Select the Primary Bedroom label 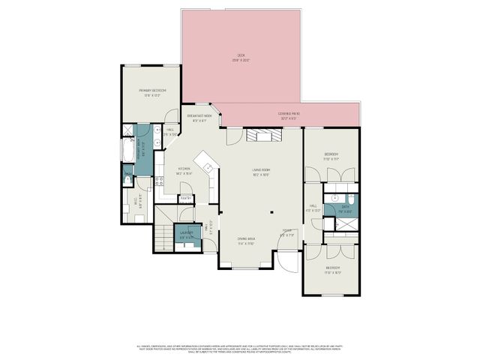click(x=151, y=92)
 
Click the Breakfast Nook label click(x=199, y=118)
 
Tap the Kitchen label click(x=184, y=172)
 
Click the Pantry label click(x=187, y=199)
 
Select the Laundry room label click(x=185, y=234)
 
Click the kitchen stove click(x=160, y=181)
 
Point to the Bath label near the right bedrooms click(x=346, y=208)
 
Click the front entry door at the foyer click(x=286, y=261)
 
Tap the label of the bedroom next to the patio click(x=331, y=157)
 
